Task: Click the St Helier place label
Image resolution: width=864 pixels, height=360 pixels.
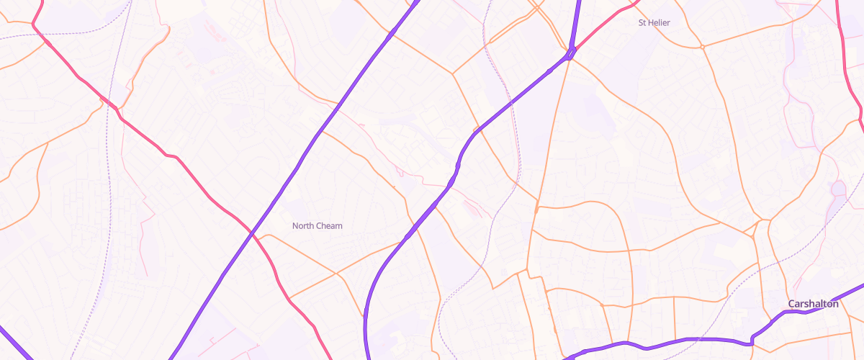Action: (654, 23)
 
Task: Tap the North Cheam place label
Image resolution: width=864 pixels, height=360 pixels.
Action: (317, 226)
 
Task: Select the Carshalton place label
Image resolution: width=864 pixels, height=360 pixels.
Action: (813, 304)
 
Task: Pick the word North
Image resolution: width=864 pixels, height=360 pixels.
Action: (303, 226)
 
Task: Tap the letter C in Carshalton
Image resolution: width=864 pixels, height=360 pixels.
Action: (791, 304)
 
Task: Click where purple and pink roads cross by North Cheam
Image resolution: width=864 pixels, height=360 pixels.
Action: (251, 234)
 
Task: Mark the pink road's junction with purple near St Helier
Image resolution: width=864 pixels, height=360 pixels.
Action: (571, 52)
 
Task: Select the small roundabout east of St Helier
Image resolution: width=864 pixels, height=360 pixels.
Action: (702, 48)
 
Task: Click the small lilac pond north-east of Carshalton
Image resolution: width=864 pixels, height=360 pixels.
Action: (837, 189)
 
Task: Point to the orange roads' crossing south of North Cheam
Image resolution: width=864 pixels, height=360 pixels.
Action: (337, 274)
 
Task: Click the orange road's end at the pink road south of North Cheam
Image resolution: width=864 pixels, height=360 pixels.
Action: (289, 297)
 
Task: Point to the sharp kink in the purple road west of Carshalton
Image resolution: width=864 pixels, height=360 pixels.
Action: (752, 337)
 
